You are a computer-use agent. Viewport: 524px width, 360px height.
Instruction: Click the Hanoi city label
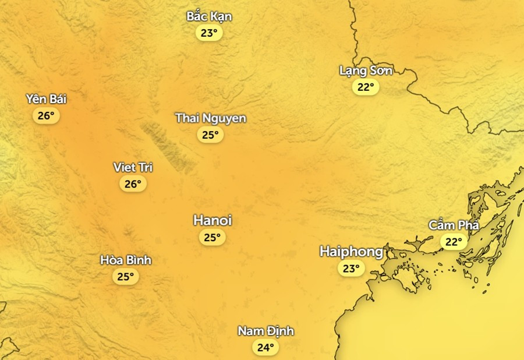(x=213, y=221)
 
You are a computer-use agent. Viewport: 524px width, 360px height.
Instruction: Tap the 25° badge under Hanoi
(x=212, y=238)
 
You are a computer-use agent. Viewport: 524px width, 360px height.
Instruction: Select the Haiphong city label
(x=352, y=252)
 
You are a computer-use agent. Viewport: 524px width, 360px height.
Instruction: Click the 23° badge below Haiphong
(x=351, y=269)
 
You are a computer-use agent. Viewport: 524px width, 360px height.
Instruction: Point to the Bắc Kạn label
(x=209, y=16)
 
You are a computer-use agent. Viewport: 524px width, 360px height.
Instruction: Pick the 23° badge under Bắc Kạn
(x=209, y=33)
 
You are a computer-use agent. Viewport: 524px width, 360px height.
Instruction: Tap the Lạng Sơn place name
(x=366, y=71)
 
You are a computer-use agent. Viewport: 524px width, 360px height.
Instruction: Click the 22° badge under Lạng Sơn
(x=366, y=87)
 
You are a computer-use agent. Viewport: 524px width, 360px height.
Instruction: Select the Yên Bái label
(x=46, y=99)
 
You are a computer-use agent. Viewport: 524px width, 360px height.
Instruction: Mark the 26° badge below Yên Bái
(x=46, y=116)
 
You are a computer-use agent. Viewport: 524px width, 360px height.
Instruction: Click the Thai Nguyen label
(x=211, y=118)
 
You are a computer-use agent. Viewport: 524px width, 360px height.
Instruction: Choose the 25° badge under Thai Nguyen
(x=210, y=135)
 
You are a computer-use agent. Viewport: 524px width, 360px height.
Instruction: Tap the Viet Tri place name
(x=133, y=168)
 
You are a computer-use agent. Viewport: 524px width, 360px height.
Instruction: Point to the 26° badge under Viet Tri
(x=133, y=184)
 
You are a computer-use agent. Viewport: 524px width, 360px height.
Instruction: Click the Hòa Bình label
(x=126, y=260)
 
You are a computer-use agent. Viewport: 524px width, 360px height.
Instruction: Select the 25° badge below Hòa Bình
(x=126, y=277)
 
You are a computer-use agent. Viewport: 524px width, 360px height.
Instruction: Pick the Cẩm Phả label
(x=453, y=225)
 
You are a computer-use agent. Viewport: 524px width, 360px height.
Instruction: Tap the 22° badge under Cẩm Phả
(x=453, y=241)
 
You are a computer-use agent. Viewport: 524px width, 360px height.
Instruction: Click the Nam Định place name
(x=265, y=331)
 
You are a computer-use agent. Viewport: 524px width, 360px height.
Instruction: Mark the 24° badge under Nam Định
(x=265, y=348)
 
